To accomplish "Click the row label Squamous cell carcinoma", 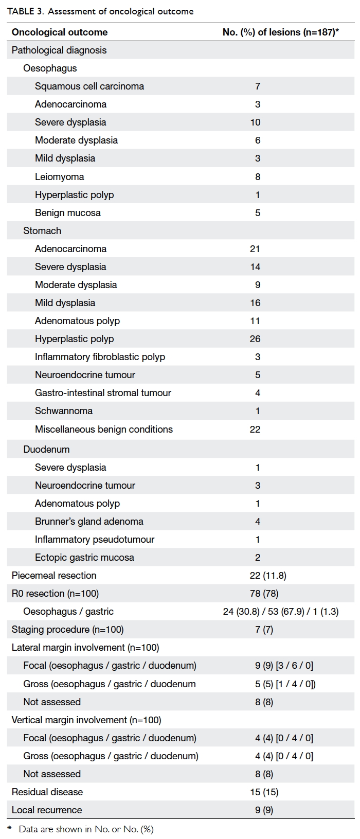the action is point(89,86).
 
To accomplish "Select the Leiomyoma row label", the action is point(59,176).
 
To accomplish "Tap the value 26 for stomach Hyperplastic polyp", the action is point(255,339).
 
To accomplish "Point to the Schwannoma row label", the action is point(64,411).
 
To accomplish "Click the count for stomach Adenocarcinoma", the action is point(255,248).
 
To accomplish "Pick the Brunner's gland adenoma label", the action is point(89,522).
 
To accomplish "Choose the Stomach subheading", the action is point(42,231).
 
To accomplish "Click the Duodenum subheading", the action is point(46,449).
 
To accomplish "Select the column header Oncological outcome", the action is point(60,32).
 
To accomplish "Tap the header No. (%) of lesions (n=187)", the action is point(281,32).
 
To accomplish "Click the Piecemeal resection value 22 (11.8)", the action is point(268,575).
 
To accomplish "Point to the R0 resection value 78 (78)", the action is point(267,593).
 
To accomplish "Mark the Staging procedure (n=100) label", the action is point(67,629).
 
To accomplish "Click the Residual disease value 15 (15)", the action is point(264,792).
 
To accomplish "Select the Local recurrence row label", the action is point(47,810).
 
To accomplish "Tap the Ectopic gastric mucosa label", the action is point(84,557).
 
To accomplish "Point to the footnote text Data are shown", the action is point(49,829).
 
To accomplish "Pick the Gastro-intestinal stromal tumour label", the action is point(103,393).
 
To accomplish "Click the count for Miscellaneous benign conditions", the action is point(255,429).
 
